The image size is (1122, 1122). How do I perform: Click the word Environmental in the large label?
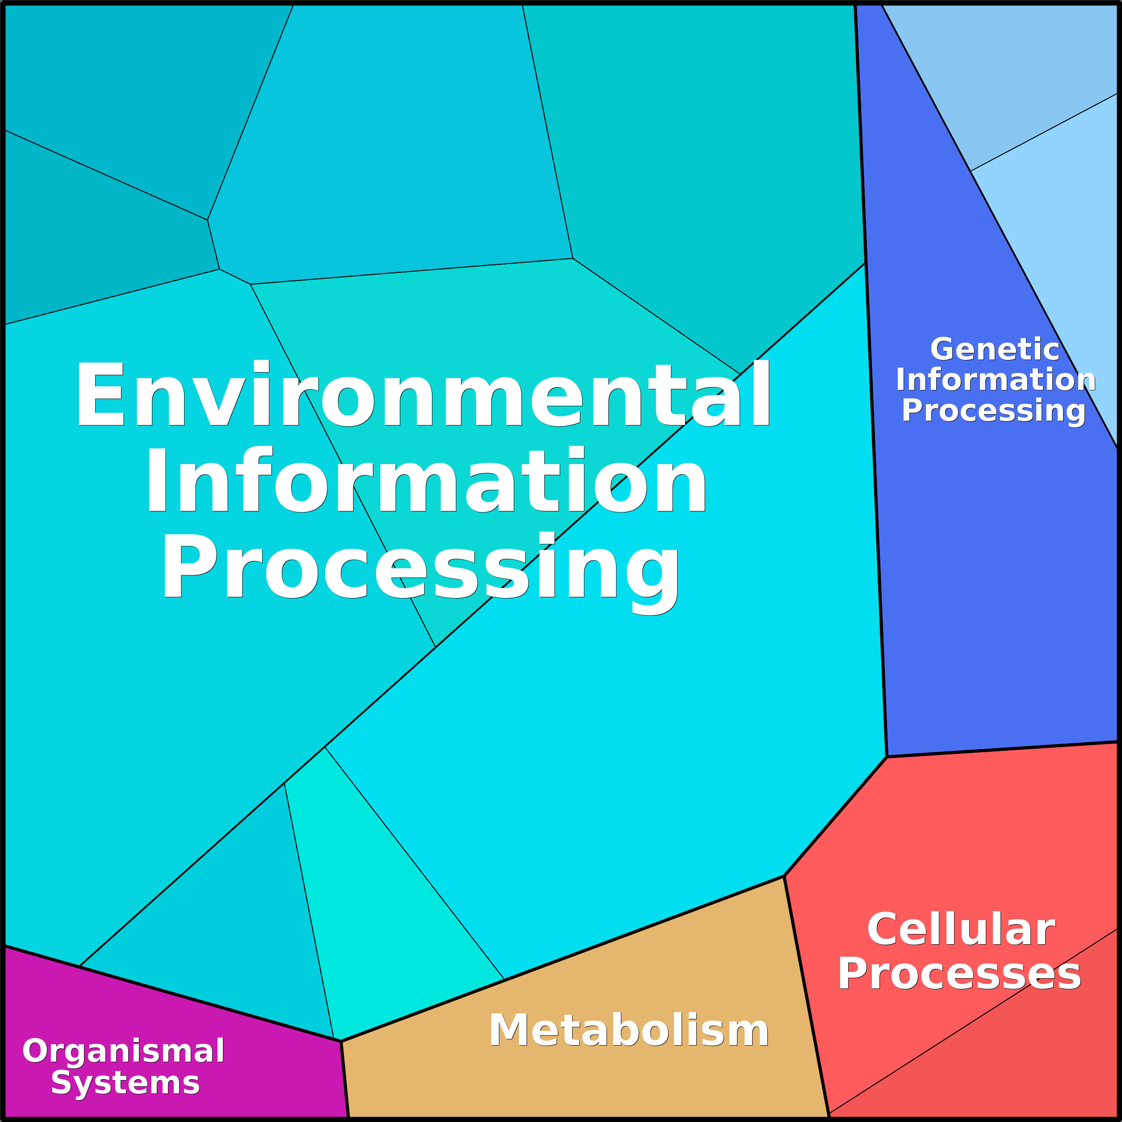coord(423,395)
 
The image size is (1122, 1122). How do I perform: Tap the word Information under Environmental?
coord(425,481)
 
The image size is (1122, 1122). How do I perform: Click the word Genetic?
coord(995,350)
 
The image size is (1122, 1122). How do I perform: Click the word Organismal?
coord(123,1051)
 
